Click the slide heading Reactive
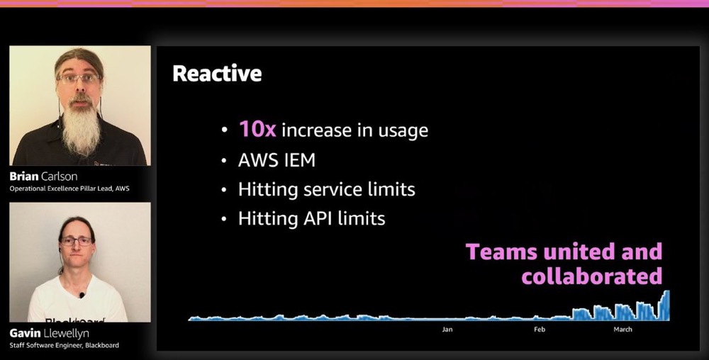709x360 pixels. tap(217, 74)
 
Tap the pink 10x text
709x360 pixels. tap(257, 130)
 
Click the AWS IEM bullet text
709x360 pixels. tap(277, 160)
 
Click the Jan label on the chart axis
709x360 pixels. tap(447, 330)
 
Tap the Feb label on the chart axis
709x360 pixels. tap(540, 330)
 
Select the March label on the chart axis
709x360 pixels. tap(623, 330)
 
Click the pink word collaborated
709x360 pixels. tap(592, 276)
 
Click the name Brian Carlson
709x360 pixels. tap(43, 176)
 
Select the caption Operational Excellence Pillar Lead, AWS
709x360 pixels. tap(69, 189)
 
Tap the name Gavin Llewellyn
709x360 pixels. tap(50, 333)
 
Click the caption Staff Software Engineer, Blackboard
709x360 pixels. tap(65, 346)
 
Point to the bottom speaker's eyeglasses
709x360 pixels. tap(76, 241)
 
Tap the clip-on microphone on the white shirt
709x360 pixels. tap(82, 296)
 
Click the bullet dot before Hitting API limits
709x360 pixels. tap(224, 219)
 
